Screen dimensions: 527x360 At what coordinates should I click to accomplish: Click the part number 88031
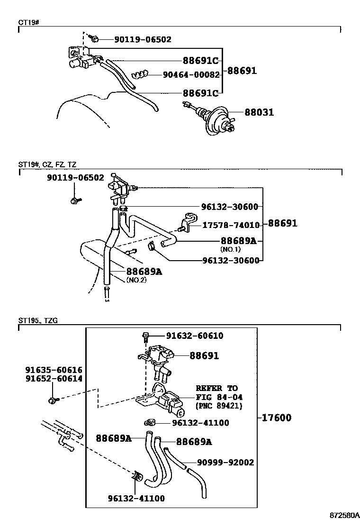click(259, 113)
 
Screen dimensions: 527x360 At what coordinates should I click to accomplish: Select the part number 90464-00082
click(191, 75)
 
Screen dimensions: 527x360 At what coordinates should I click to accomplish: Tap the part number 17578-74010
click(231, 226)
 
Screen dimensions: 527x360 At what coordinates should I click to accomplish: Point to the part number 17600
click(275, 418)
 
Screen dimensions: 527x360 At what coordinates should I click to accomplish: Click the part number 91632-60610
click(195, 336)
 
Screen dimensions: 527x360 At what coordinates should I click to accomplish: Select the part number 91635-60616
click(54, 370)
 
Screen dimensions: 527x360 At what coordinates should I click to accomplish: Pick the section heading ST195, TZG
click(38, 321)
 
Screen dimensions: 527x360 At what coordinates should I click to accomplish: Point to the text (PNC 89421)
click(219, 406)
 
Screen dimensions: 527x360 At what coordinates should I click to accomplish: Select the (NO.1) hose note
click(231, 249)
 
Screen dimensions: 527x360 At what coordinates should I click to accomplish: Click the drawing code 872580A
click(344, 515)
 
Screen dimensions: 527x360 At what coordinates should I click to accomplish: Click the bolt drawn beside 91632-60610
click(146, 337)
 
